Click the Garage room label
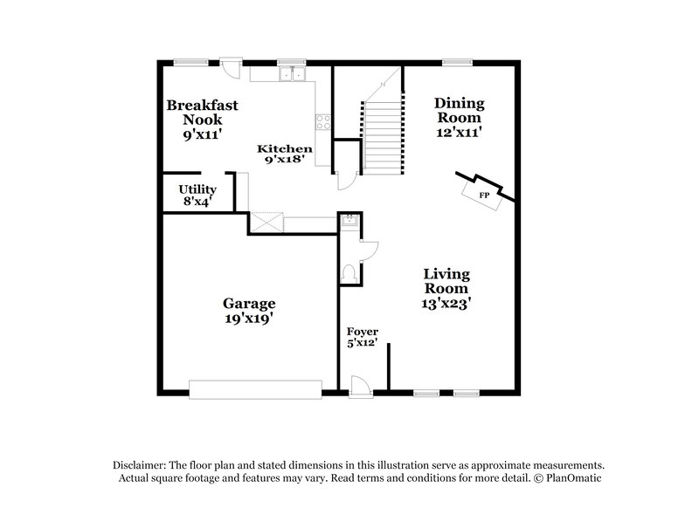coord(249,304)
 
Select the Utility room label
coord(197,189)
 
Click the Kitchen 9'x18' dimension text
coord(284,161)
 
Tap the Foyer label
coord(362,332)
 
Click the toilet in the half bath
coord(350,273)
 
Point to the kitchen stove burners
coord(323,123)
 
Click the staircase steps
coord(383,131)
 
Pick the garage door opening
coord(255,388)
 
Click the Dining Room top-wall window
coord(456,62)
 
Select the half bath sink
coord(349,223)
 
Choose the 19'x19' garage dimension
coord(249,319)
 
